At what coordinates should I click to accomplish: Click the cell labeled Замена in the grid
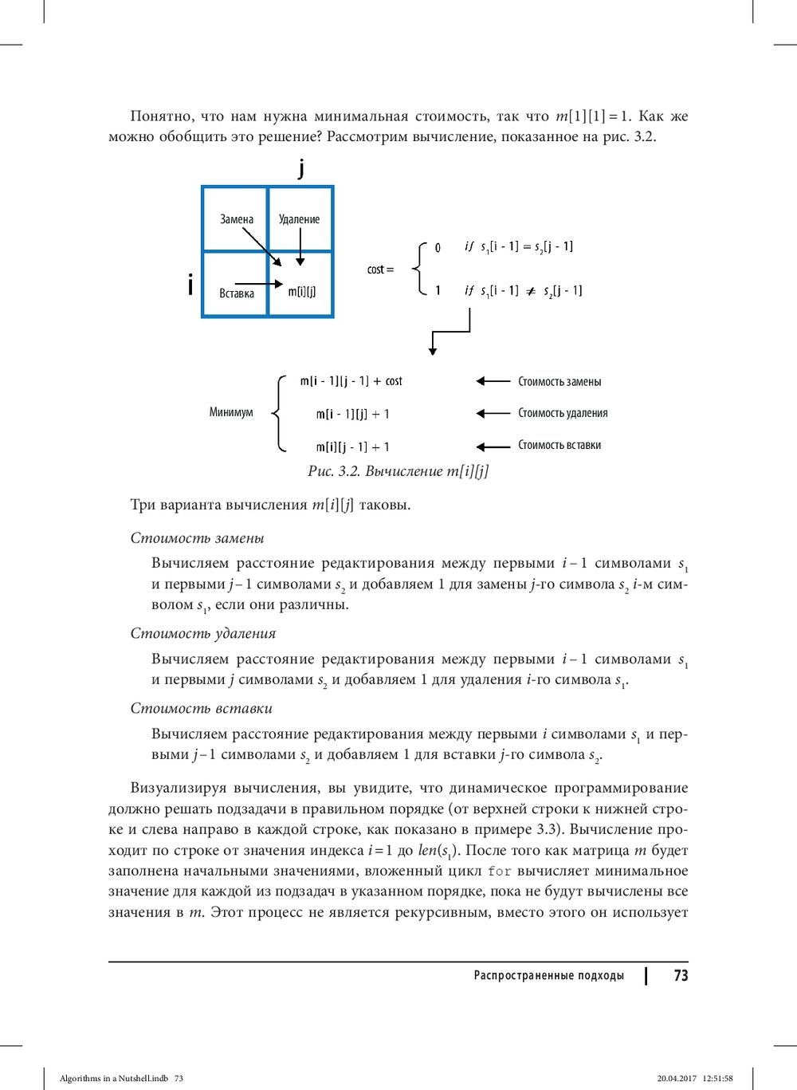click(x=237, y=219)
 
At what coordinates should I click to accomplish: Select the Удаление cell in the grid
click(x=299, y=219)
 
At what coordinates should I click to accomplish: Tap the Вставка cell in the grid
click(x=237, y=293)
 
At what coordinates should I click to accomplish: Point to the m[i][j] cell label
click(x=302, y=292)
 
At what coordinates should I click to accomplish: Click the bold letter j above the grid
click(x=301, y=168)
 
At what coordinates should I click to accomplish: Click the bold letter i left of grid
click(x=190, y=285)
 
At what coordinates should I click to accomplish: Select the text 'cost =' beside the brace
click(x=380, y=270)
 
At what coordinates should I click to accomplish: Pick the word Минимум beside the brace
click(x=231, y=412)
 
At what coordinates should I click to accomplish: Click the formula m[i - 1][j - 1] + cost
click(x=351, y=381)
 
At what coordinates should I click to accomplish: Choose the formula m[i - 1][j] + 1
click(x=353, y=414)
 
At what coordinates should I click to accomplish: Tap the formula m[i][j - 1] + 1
click(x=353, y=447)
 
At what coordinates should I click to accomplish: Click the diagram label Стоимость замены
click(x=559, y=382)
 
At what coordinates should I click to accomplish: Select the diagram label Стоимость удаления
click(x=563, y=413)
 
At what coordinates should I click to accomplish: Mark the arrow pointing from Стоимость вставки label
click(x=493, y=447)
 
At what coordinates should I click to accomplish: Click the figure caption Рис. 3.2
click(x=398, y=471)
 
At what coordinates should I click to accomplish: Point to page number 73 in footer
click(x=681, y=975)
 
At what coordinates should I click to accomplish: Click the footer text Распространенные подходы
click(x=548, y=975)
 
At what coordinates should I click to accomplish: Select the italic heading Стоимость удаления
click(x=203, y=634)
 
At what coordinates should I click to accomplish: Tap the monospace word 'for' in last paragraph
click(x=499, y=872)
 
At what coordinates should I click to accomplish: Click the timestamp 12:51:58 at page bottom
click(x=717, y=1078)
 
